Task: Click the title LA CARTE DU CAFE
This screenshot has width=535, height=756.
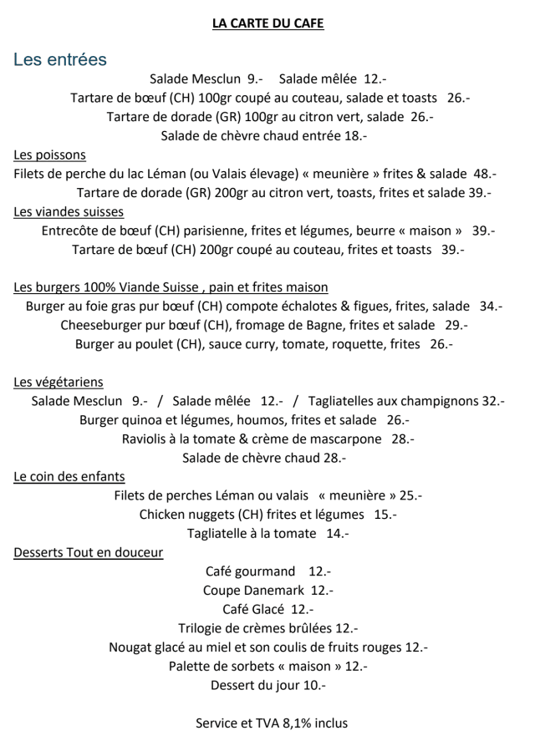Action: click(x=267, y=23)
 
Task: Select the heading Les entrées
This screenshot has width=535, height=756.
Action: click(x=60, y=60)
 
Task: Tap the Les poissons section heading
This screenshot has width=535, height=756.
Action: click(x=49, y=155)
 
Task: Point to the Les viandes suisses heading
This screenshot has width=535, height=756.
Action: click(x=69, y=211)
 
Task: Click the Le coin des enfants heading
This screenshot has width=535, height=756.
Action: click(x=69, y=476)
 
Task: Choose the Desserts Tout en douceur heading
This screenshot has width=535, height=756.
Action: click(x=88, y=552)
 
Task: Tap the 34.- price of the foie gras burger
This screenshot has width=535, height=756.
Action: click(x=491, y=307)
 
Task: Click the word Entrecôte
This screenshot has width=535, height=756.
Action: click(x=72, y=231)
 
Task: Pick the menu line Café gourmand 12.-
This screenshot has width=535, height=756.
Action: click(x=267, y=571)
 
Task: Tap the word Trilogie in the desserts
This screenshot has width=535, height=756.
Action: click(x=203, y=628)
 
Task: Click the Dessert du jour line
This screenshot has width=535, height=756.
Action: click(x=267, y=686)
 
